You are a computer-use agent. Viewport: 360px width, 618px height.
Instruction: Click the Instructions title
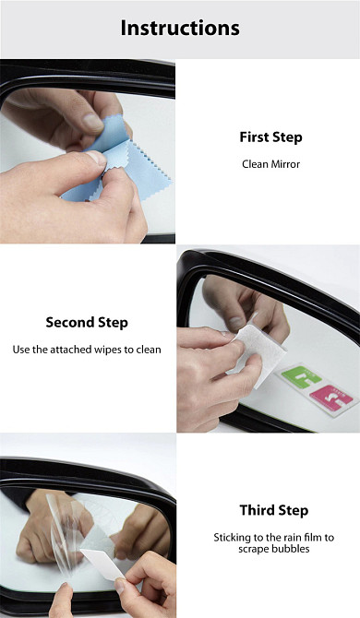[180, 28]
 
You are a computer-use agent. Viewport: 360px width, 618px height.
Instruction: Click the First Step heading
[270, 137]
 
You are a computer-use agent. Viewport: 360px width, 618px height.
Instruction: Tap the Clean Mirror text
[270, 164]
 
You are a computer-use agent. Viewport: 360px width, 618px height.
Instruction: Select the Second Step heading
[87, 323]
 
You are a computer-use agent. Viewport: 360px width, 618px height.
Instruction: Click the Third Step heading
[273, 510]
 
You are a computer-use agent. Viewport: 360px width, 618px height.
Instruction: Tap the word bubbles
[293, 549]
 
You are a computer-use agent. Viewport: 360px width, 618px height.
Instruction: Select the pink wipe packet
[331, 398]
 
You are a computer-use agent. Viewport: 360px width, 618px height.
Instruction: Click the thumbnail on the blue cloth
[96, 158]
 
